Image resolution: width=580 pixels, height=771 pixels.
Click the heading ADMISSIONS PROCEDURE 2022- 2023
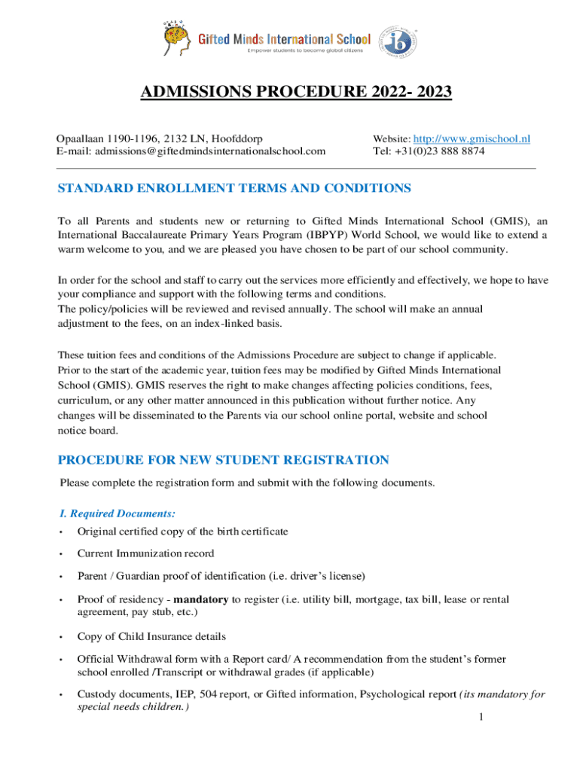285,93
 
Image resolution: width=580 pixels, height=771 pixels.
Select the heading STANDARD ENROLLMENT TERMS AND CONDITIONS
234,188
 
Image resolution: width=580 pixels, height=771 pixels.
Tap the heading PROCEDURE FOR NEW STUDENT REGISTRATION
224,459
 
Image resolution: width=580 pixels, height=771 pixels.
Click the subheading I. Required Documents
118,513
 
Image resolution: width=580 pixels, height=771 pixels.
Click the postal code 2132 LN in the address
185,139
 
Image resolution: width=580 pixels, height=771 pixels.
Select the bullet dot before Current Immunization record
60,553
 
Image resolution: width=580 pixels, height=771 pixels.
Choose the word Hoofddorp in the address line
237,139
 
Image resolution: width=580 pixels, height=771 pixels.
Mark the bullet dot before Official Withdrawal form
60,659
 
